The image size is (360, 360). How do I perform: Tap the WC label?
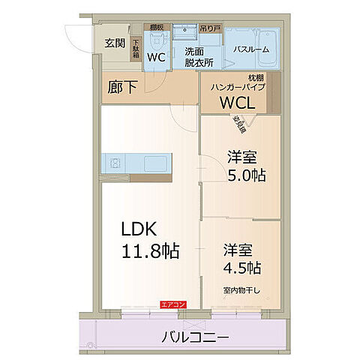pyautogui.click(x=157, y=56)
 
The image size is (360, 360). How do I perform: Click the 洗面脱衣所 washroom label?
pyautogui.click(x=199, y=57)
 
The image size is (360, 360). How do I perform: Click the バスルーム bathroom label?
pyautogui.click(x=250, y=49)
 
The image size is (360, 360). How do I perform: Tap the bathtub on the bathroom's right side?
pyautogui.click(x=268, y=41)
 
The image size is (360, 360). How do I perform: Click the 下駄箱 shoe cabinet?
pyautogui.click(x=136, y=49)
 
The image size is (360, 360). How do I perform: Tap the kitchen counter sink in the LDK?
pyautogui.click(x=115, y=162)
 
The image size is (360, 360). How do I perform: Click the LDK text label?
pyautogui.click(x=138, y=227)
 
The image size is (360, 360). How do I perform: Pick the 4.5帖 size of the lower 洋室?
pyautogui.click(x=241, y=267)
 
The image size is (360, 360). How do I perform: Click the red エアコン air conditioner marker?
pyautogui.click(x=172, y=304)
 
